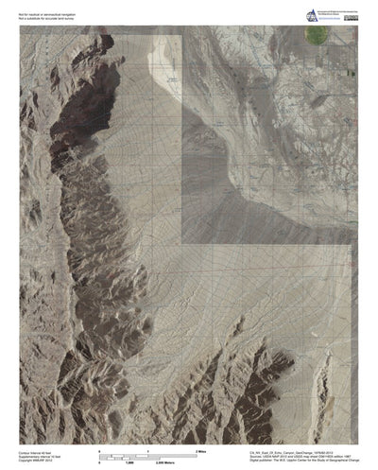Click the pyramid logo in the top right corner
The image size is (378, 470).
(x=286, y=14)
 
